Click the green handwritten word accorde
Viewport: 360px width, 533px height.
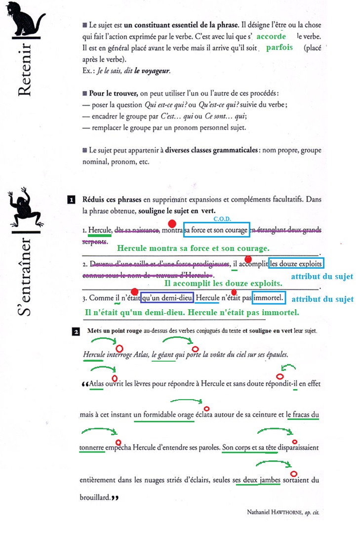272,37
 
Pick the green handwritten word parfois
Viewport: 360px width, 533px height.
279,48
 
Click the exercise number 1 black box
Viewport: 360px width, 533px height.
71,200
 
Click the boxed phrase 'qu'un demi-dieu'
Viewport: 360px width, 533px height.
166,298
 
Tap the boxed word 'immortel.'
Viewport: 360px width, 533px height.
269,298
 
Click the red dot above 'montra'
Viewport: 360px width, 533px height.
171,223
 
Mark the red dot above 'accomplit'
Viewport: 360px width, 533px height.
248,259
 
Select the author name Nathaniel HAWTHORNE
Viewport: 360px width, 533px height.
274,513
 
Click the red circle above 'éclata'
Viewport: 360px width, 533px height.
207,409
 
